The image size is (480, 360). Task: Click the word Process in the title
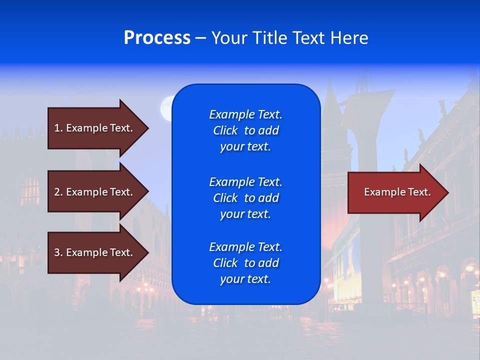(157, 38)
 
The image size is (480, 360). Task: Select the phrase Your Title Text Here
(289, 38)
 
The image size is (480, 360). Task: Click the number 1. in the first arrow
(58, 128)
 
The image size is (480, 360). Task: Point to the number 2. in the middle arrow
(58, 192)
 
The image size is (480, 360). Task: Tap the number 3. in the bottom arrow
(58, 252)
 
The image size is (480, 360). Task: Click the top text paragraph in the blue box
(245, 130)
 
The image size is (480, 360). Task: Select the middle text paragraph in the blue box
(245, 198)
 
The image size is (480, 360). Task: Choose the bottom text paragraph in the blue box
(245, 263)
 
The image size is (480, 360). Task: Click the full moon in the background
(166, 108)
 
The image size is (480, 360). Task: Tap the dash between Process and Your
(200, 38)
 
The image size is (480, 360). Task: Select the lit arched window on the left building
(30, 191)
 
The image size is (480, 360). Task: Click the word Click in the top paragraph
(225, 130)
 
